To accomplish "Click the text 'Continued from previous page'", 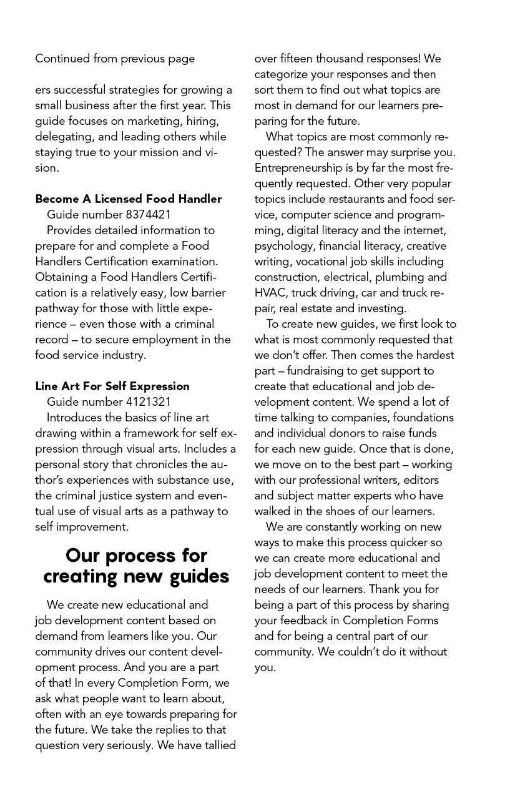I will tap(115, 59).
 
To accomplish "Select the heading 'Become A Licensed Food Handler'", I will tap(129, 199).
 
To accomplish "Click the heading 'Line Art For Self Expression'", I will tap(112, 386).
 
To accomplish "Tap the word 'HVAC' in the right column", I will tap(270, 293).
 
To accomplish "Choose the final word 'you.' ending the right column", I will tap(265, 667).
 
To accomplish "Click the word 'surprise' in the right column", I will tap(418, 152).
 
